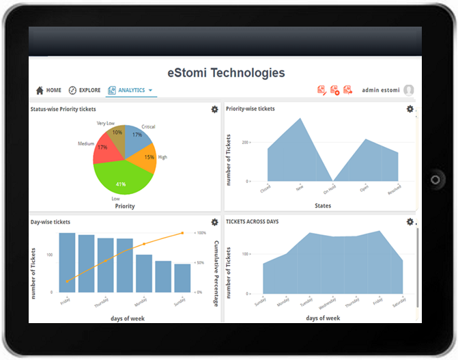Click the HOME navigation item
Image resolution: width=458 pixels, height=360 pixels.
coord(48,90)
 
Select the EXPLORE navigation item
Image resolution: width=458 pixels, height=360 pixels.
coord(84,90)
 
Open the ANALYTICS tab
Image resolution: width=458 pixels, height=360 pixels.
coord(130,90)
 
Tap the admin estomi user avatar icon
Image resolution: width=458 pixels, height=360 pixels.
coord(409,90)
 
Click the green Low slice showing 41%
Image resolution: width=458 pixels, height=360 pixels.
coord(121,182)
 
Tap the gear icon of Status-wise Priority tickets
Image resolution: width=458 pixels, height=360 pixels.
coord(215,109)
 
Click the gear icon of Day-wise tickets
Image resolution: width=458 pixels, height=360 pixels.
coord(215,222)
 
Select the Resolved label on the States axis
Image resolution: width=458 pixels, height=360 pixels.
coord(394,189)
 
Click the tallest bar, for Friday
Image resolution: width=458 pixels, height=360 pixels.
coord(67,263)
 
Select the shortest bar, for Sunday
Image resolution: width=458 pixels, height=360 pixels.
coord(182,278)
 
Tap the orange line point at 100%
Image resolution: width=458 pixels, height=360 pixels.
coord(182,233)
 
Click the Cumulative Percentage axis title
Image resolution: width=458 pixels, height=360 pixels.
coord(216,263)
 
